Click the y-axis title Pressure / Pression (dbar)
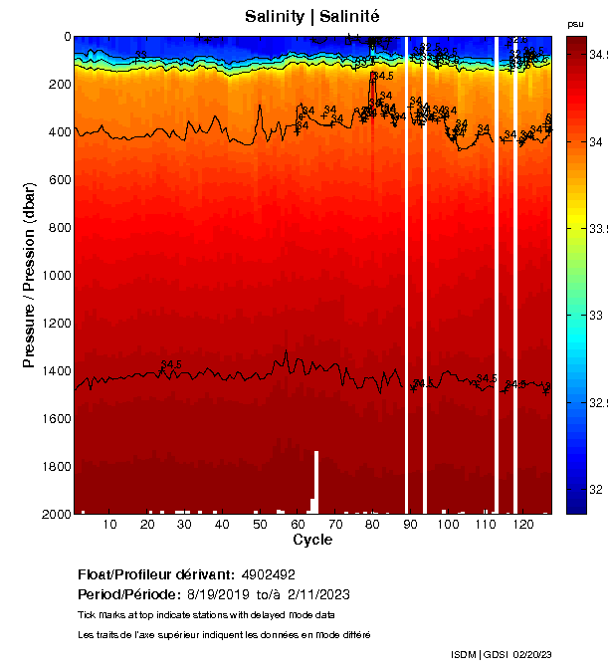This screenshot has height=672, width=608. (30, 275)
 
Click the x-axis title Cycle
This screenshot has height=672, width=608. (312, 540)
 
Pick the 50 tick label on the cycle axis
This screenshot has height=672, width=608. (260, 525)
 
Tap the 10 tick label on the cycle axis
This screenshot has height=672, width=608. (109, 525)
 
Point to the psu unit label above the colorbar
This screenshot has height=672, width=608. (575, 23)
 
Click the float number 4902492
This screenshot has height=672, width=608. (268, 574)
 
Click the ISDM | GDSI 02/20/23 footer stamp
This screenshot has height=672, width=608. (501, 654)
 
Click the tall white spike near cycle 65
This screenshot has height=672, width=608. (316, 478)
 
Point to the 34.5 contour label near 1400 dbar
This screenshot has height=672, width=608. (171, 364)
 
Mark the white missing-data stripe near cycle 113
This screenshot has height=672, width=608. (496, 275)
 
